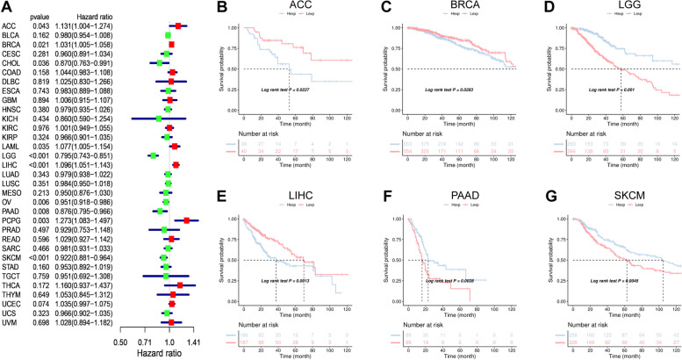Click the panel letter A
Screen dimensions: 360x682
6,7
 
